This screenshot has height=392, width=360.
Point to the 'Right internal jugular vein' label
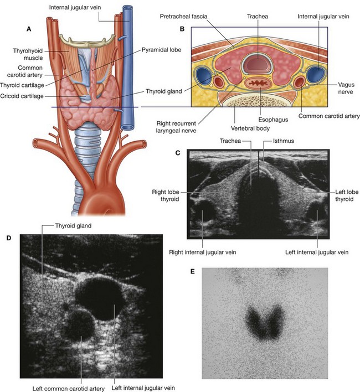click(x=203, y=252)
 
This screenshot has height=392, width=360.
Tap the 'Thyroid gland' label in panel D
click(x=73, y=225)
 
